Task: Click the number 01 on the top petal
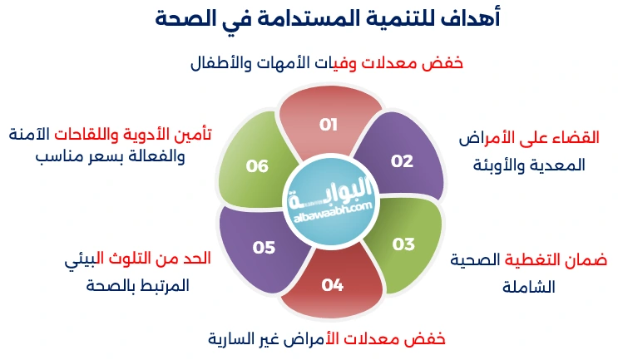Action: point(329,125)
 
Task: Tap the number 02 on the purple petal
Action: point(402,161)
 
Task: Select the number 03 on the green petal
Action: point(403,244)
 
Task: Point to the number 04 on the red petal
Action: point(333,285)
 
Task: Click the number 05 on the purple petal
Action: point(264,247)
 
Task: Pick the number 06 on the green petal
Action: point(257,166)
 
